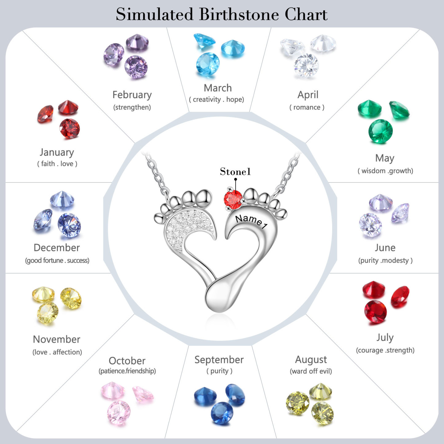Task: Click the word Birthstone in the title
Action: (x=239, y=14)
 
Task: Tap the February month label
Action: (x=132, y=95)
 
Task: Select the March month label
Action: (x=218, y=88)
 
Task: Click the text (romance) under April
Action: (x=307, y=107)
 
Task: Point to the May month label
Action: (x=385, y=159)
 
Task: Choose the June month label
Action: (x=385, y=248)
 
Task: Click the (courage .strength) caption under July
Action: (x=385, y=350)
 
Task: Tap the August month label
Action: (x=311, y=360)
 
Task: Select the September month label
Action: (x=219, y=360)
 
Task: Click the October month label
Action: (x=127, y=361)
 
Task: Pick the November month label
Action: (x=57, y=340)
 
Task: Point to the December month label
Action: (x=57, y=248)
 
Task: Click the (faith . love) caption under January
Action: (x=57, y=164)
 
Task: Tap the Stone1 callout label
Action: (x=235, y=172)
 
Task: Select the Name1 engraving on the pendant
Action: (x=251, y=222)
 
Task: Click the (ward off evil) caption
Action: (x=311, y=371)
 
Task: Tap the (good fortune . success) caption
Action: (x=57, y=261)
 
